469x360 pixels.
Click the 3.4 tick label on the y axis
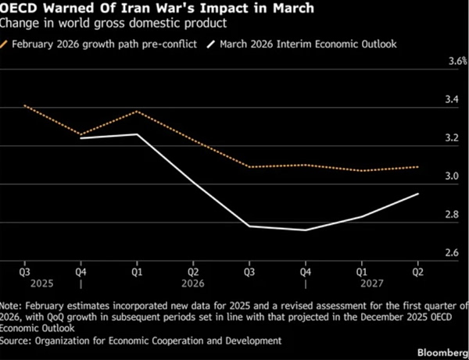tap(452, 99)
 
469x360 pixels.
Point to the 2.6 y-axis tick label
tap(452, 253)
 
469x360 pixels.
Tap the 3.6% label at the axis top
tap(457, 61)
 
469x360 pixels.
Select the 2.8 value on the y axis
tap(452, 215)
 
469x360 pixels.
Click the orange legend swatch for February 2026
tap(4, 45)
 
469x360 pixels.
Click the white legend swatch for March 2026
tap(211, 45)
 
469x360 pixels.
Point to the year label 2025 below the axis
tap(42, 283)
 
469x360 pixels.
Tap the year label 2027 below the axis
tap(372, 283)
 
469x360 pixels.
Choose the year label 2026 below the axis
tap(193, 283)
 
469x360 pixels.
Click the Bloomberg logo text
tap(443, 352)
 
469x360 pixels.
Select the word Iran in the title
tap(134, 8)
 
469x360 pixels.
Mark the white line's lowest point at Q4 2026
tap(306, 230)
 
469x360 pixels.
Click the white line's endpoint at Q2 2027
tap(418, 194)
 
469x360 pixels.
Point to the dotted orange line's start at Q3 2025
tap(24, 105)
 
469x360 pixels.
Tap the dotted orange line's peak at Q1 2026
tap(137, 112)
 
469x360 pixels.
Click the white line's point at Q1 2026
tap(137, 134)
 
